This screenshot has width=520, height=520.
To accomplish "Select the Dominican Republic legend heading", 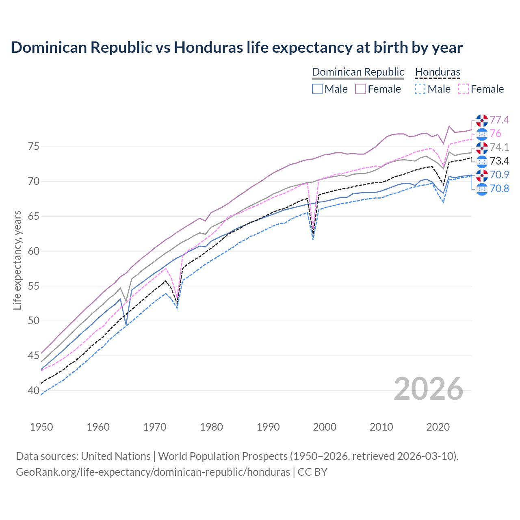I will [x=358, y=72].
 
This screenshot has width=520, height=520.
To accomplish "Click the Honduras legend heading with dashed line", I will [x=438, y=72].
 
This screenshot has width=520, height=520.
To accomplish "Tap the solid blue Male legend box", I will [x=317, y=89].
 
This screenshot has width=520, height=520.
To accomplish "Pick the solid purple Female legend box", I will [x=360, y=89].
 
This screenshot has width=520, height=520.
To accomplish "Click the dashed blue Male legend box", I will [x=420, y=89].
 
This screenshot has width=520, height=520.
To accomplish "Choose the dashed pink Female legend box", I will [x=463, y=89].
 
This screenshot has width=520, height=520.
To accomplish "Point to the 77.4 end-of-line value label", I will [x=499, y=120].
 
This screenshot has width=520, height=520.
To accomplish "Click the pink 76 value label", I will [x=495, y=134].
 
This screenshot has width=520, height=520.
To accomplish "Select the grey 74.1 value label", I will [x=499, y=147].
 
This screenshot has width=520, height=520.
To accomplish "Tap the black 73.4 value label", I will [x=499, y=161].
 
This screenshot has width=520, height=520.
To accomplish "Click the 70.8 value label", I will [x=499, y=188].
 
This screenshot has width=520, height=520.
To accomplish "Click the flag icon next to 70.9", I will [x=482, y=175].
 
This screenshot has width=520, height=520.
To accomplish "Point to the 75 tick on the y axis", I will [x=33, y=146].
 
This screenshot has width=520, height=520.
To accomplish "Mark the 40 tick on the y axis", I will [x=33, y=390].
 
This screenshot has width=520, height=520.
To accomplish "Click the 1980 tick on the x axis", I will [x=212, y=427].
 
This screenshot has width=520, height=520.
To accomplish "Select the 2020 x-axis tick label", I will [x=438, y=427].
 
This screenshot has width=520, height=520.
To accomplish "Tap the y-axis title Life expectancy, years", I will [x=17, y=260].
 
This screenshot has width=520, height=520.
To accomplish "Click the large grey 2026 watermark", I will [x=429, y=389].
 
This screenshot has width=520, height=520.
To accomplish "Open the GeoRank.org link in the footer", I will [x=153, y=472].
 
